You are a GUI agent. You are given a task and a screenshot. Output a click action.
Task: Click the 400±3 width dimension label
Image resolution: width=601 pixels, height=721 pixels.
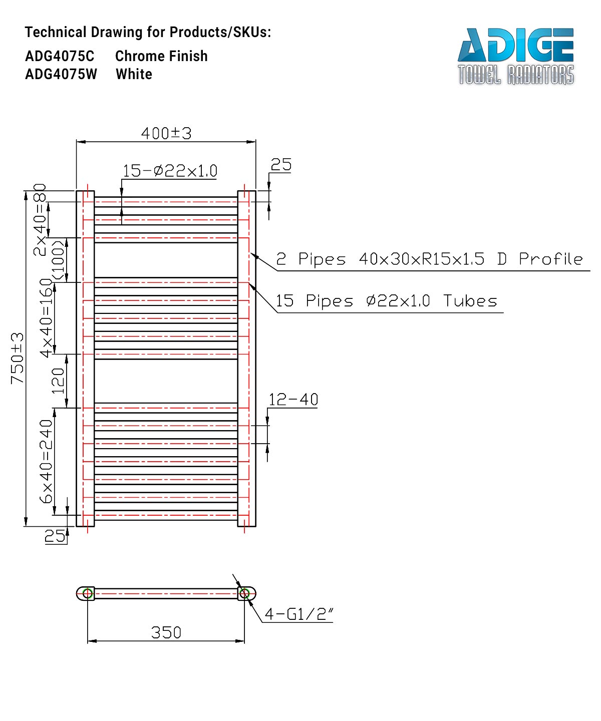[166, 133]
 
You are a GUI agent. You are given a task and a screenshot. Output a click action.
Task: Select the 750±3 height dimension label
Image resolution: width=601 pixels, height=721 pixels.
[17, 358]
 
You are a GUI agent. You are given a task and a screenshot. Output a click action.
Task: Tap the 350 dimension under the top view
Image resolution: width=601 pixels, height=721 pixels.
[166, 632]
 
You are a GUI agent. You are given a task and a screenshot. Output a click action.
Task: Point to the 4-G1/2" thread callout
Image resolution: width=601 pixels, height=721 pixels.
[298, 614]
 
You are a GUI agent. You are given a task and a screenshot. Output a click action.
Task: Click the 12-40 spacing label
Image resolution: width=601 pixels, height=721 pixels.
[293, 400]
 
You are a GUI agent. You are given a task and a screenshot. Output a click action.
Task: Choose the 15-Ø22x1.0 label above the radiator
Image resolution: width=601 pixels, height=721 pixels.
[170, 171]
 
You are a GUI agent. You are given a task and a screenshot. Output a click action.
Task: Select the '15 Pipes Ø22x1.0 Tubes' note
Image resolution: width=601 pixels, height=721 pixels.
[386, 301]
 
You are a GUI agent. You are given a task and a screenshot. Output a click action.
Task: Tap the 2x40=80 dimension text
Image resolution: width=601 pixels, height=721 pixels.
[40, 219]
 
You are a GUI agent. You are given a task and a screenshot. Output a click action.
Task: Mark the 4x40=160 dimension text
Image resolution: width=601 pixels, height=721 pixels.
[46, 318]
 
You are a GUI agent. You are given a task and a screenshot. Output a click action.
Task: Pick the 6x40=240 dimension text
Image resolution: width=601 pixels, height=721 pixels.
[46, 461]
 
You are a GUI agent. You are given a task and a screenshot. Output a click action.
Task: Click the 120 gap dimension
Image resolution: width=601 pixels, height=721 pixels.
[58, 381]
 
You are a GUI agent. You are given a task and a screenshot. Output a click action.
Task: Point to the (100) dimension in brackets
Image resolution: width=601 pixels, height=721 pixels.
[58, 260]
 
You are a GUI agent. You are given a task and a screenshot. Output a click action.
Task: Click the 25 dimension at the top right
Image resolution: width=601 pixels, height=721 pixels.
[281, 165]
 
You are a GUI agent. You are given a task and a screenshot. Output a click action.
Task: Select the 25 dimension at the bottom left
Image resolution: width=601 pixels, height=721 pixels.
[55, 536]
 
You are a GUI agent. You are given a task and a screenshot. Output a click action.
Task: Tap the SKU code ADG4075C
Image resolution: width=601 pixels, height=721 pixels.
[60, 56]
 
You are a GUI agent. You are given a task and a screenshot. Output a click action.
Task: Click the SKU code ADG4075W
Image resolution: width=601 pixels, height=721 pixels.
[61, 74]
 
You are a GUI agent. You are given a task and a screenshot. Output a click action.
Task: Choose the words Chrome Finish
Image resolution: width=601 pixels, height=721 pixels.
[161, 56]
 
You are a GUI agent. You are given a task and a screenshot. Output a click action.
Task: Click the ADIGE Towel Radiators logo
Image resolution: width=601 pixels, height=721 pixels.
[516, 56]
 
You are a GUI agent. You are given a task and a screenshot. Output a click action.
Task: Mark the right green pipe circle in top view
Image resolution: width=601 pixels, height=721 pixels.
[244, 594]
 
